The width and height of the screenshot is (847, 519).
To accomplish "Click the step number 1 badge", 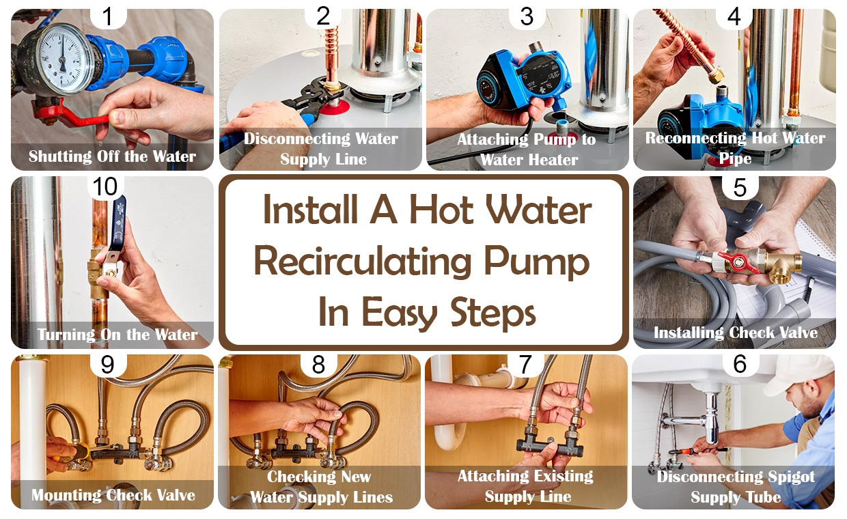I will point(107,16).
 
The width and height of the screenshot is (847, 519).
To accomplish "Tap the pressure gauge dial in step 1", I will point(64,57).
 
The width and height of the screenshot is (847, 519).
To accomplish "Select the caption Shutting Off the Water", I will point(112,156).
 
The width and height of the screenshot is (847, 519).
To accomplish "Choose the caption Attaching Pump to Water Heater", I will point(527,150).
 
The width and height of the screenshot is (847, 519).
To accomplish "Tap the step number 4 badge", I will point(734,16).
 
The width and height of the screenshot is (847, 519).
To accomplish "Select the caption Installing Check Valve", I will point(735,333).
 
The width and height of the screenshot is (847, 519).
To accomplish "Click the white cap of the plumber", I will point(800,373).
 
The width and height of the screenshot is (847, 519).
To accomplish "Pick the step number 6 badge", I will point(739,365).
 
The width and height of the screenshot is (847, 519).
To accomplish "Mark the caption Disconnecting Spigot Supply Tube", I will point(735,486).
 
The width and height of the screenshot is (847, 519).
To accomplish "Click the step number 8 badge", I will point(318,365).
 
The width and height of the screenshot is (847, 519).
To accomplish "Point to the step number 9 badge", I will point(107,365).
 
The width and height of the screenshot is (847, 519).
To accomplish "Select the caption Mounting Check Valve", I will point(112,494).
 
